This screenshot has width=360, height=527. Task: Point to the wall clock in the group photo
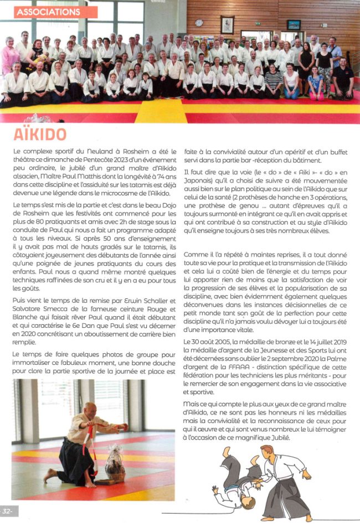coord(199,23)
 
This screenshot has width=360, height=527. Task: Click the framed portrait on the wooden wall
coord(227,25)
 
